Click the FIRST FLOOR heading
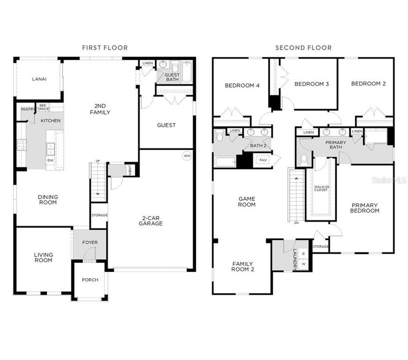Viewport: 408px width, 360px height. (x=105, y=48)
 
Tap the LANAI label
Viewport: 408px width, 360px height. (x=39, y=79)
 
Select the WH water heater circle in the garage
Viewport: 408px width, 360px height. (x=187, y=155)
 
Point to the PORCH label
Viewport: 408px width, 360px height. (x=90, y=279)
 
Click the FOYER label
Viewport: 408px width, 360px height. (x=90, y=242)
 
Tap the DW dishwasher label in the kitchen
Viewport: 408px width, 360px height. (x=50, y=160)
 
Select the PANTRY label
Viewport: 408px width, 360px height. (x=27, y=109)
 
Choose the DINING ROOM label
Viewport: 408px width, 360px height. (x=48, y=199)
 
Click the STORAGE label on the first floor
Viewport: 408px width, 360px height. (x=99, y=215)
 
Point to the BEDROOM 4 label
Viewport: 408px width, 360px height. (x=242, y=85)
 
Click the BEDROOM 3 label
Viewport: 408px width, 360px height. (x=311, y=84)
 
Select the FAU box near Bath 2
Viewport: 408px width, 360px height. (x=263, y=159)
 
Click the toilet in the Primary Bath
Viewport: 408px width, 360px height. (x=304, y=159)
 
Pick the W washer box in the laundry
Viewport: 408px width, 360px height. (x=303, y=263)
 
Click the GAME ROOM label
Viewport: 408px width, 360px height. (x=246, y=201)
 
